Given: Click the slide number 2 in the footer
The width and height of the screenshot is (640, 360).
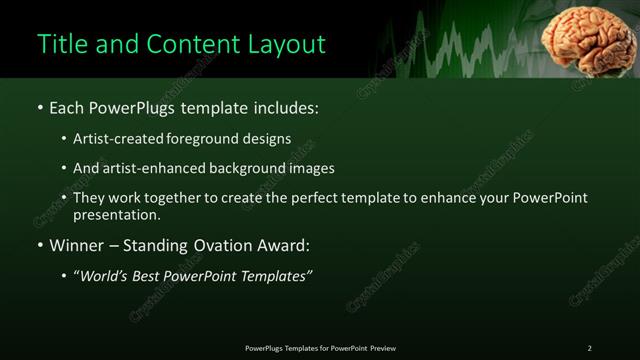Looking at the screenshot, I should tap(589, 348).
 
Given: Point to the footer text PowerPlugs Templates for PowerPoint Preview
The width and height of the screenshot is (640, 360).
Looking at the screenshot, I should tap(320, 348).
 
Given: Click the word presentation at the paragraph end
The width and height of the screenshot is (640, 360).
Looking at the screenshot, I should tap(115, 214).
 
